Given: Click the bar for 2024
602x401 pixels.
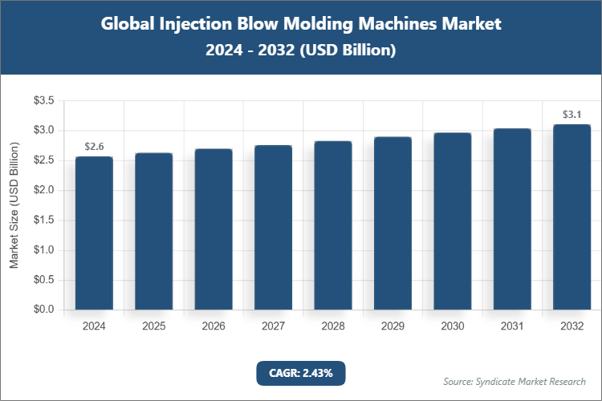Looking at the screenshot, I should click(x=94, y=233).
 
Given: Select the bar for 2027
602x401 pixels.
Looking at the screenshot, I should click(x=273, y=227).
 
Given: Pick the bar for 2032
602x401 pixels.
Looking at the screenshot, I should click(x=571, y=217).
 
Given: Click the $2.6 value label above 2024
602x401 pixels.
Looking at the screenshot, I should click(x=94, y=147).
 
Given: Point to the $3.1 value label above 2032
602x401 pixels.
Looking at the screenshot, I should click(x=571, y=115).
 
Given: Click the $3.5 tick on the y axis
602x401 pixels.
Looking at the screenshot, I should click(x=43, y=100).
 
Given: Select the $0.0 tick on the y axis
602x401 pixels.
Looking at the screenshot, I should click(x=43, y=310).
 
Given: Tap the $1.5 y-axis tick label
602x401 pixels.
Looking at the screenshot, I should click(x=43, y=220).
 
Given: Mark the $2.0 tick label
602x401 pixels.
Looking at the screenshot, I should click(x=43, y=190).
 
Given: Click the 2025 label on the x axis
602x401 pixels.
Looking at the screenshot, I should click(x=153, y=326).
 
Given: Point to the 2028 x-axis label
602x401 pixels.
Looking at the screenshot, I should click(x=333, y=326).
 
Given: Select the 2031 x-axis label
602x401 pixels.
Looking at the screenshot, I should click(x=512, y=326).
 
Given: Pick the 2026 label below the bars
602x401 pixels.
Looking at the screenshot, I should click(x=214, y=326).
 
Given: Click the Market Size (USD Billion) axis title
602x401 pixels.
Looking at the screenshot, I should click(x=14, y=205).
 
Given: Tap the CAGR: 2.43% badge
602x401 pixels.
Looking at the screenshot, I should click(x=300, y=372).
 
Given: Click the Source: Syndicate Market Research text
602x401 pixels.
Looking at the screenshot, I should click(x=514, y=381).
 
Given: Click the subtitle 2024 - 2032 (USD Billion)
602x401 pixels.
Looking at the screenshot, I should click(x=300, y=50).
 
